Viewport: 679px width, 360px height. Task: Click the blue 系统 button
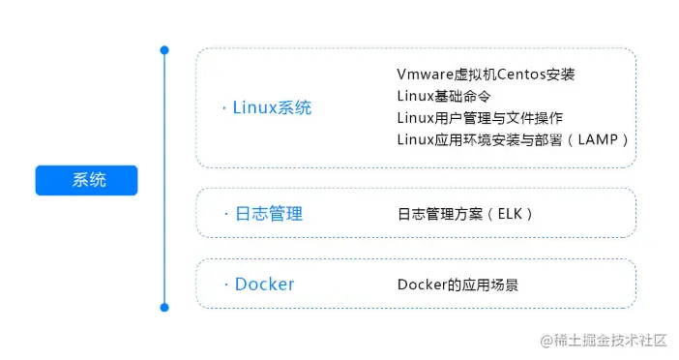pyautogui.click(x=86, y=180)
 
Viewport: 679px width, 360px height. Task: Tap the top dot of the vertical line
pyautogui.click(x=164, y=49)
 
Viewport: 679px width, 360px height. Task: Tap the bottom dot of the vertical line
pyautogui.click(x=164, y=307)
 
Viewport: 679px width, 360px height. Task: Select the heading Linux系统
pyautogui.click(x=272, y=107)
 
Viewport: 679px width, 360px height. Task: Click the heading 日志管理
pyautogui.click(x=269, y=213)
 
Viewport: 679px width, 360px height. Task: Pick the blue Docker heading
pyautogui.click(x=264, y=284)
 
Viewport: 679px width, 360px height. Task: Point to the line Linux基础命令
pyautogui.click(x=444, y=96)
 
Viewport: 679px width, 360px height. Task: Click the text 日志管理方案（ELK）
pyautogui.click(x=465, y=214)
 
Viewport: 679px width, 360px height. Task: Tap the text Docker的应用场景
pyautogui.click(x=458, y=285)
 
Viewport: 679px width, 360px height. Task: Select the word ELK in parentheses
pyautogui.click(x=509, y=214)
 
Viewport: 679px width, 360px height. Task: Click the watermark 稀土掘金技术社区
pyautogui.click(x=612, y=340)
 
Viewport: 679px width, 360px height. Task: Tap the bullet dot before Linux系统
pyautogui.click(x=224, y=108)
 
